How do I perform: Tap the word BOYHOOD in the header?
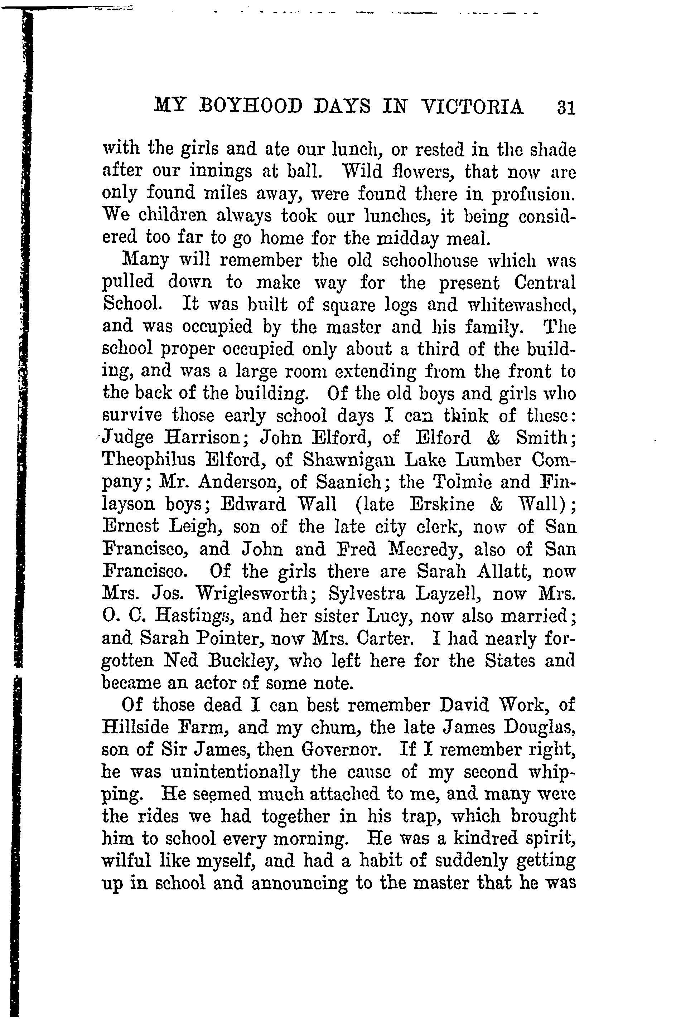click(x=250, y=107)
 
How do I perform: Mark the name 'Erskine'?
click(x=442, y=504)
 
